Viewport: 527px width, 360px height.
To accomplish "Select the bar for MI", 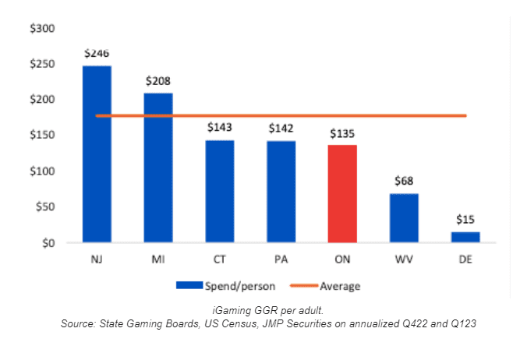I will click(158, 168).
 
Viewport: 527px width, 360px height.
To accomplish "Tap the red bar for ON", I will click(342, 193).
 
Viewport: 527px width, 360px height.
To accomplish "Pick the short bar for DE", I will click(465, 237).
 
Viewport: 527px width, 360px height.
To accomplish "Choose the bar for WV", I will click(404, 218).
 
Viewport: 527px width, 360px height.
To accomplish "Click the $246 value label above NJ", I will click(97, 54).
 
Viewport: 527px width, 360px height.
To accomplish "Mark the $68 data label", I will click(404, 181).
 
